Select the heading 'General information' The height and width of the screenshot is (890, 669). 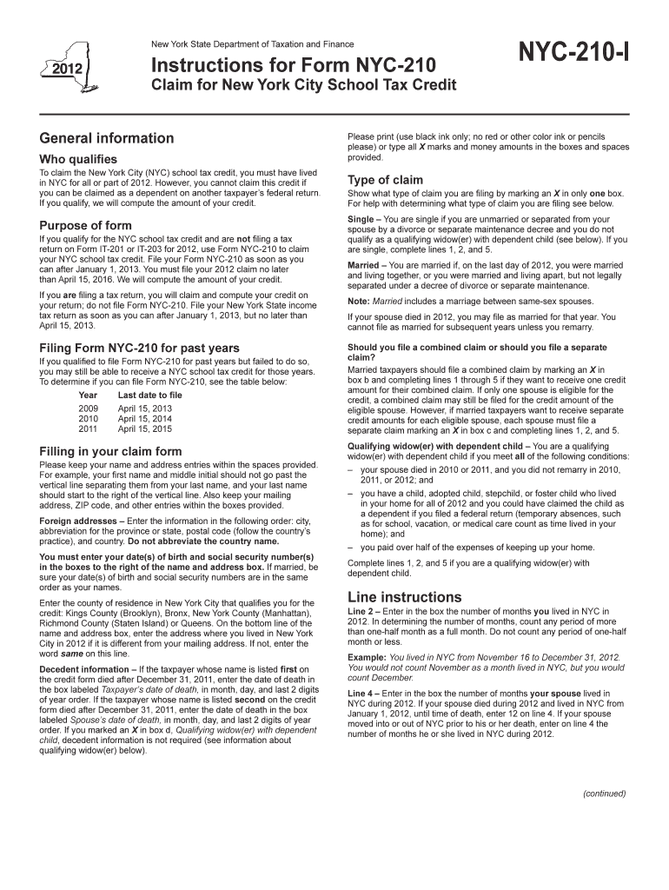[107, 138]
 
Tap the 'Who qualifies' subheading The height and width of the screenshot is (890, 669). [78, 160]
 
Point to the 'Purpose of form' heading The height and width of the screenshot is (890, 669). [85, 225]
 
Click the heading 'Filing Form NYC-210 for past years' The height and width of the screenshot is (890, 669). [139, 348]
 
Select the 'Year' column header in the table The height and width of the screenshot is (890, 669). [87, 395]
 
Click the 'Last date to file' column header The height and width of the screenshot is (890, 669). [150, 395]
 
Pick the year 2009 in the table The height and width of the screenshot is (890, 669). [89, 408]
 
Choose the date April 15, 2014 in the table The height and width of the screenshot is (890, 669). [145, 418]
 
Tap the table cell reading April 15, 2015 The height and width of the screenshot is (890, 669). [145, 428]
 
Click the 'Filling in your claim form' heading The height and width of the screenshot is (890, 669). [111, 451]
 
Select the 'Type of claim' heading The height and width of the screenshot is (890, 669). [385, 180]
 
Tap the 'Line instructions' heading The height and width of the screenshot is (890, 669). [404, 597]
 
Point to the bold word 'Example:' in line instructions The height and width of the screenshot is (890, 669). [367, 657]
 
